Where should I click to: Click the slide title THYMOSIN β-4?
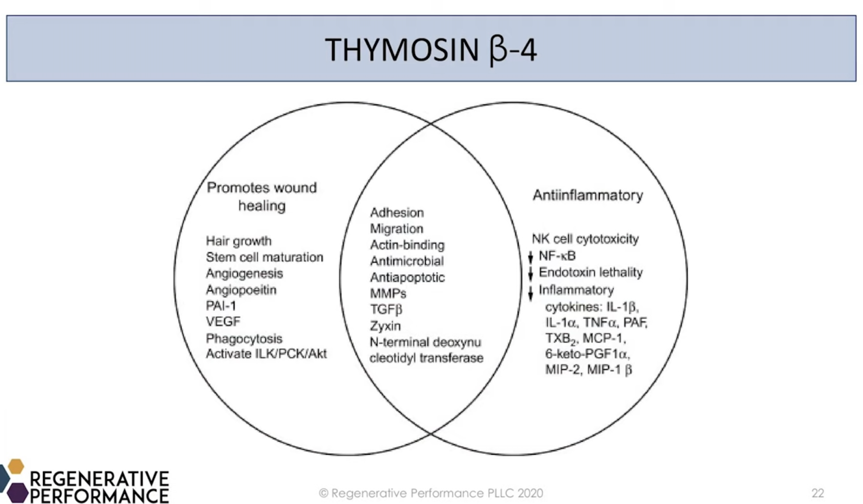pyautogui.click(x=430, y=50)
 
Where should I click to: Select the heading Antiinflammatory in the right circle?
pyautogui.click(x=588, y=196)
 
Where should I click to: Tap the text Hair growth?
pyautogui.click(x=239, y=241)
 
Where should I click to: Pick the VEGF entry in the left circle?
pyautogui.click(x=223, y=321)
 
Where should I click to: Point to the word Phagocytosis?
pyautogui.click(x=244, y=339)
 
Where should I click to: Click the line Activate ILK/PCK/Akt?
pyautogui.click(x=266, y=354)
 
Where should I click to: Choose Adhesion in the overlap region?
pyautogui.click(x=397, y=213)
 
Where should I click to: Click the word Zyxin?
pyautogui.click(x=385, y=326)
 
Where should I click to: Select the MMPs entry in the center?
pyautogui.click(x=388, y=293)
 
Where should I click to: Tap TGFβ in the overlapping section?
pyautogui.click(x=386, y=310)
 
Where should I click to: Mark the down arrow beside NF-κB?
pyautogui.click(x=530, y=257)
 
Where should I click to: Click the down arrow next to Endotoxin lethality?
pyautogui.click(x=530, y=273)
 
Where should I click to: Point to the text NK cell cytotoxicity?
pyautogui.click(x=585, y=239)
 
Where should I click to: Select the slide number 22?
pyautogui.click(x=818, y=493)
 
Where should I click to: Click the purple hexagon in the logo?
pyautogui.click(x=17, y=493)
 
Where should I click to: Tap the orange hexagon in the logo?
pyautogui.click(x=16, y=466)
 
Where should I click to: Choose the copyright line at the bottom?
pyautogui.click(x=431, y=493)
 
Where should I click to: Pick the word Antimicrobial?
pyautogui.click(x=407, y=261)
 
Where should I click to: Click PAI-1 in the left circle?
pyautogui.click(x=221, y=306)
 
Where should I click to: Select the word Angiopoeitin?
pyautogui.click(x=241, y=290)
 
